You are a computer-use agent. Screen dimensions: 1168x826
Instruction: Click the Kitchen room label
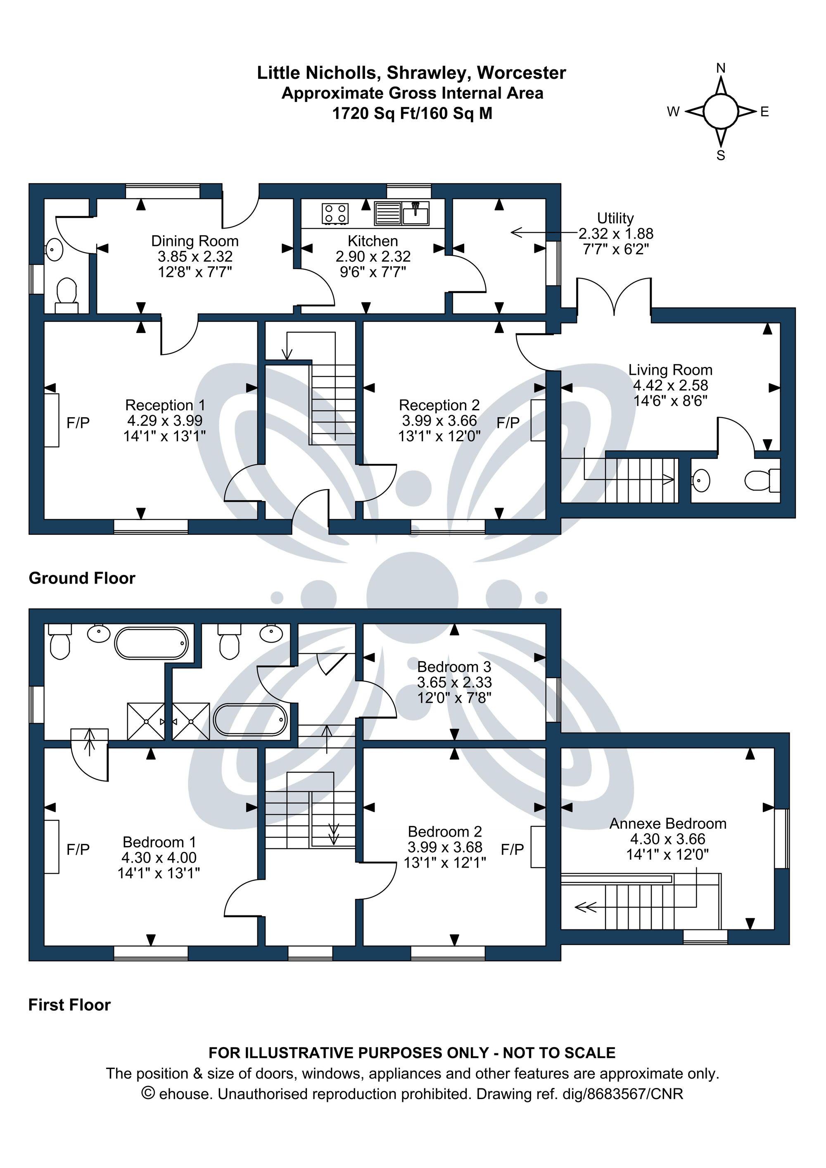click(x=373, y=241)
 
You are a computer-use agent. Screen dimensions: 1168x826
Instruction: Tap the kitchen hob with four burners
click(x=335, y=213)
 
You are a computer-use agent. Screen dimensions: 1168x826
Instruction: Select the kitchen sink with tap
click(x=416, y=213)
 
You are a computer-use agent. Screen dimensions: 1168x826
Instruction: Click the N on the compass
click(x=721, y=68)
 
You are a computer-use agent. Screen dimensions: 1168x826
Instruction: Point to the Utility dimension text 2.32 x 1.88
click(x=616, y=234)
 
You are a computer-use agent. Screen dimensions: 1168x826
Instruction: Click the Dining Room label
click(x=195, y=241)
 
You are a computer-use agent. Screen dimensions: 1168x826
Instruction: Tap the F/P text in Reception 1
click(x=78, y=422)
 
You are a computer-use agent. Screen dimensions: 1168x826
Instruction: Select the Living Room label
click(x=670, y=370)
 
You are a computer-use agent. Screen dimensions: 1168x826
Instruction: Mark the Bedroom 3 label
click(x=454, y=667)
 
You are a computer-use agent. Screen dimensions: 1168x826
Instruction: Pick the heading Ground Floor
click(x=82, y=578)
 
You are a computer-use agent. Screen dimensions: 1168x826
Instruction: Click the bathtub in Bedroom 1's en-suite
click(x=151, y=643)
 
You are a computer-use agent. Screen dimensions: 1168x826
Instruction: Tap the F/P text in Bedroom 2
click(x=512, y=849)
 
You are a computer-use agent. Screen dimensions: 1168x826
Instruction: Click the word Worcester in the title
click(x=521, y=73)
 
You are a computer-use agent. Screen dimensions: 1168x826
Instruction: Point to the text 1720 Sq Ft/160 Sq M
click(x=412, y=113)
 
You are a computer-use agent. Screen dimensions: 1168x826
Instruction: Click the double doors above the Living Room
click(x=614, y=298)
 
